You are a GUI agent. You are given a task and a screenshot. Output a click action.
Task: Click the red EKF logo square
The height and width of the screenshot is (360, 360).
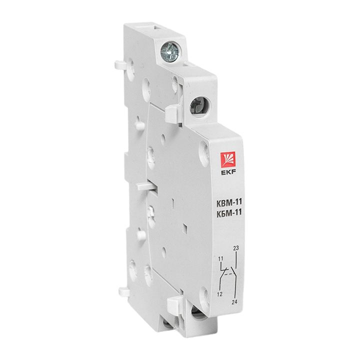[x=228, y=159]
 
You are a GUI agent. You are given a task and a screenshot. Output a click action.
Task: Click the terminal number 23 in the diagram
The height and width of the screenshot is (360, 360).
[x=236, y=248]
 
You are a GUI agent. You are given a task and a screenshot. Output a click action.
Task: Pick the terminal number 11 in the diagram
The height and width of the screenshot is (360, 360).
[x=220, y=259]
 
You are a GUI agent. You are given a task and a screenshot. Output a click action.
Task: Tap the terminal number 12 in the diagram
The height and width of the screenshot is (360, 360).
[x=219, y=294]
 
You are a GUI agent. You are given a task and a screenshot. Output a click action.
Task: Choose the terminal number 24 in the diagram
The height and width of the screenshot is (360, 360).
[x=234, y=302]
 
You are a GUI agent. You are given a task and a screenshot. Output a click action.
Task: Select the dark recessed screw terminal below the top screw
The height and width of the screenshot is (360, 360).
[x=199, y=107]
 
